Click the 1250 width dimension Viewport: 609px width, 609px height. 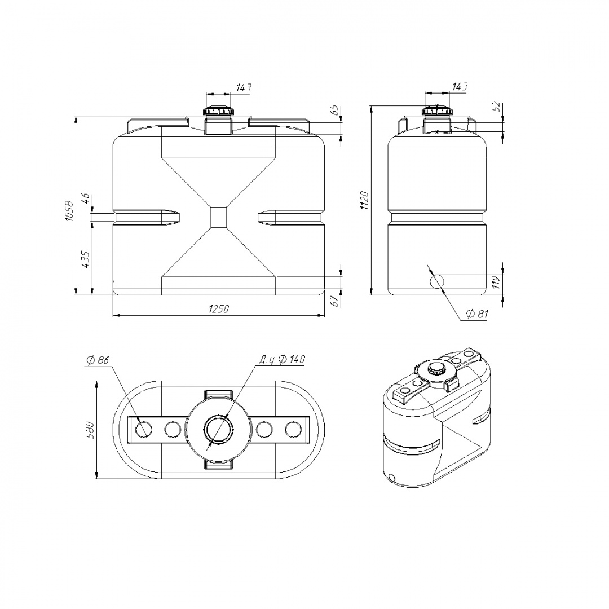pos(219,309)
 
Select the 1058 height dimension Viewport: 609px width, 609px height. pos(69,211)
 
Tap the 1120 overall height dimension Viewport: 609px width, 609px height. pos(365,200)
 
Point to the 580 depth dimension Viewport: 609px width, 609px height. pos(90,430)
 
